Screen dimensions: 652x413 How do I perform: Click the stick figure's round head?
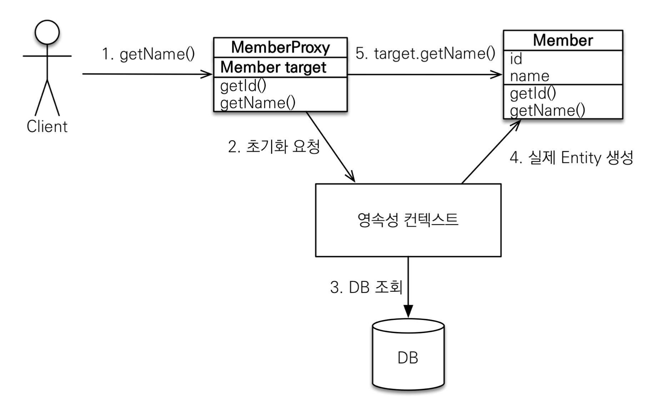coord(47,32)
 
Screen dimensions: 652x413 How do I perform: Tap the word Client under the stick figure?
coord(47,127)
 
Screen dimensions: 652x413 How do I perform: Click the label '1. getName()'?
coord(148,54)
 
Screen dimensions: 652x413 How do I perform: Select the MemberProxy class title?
coord(281,47)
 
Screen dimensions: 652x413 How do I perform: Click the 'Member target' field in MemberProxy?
coord(273,67)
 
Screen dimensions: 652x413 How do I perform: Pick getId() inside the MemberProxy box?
coord(243,86)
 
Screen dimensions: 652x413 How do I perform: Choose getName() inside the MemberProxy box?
coord(258,103)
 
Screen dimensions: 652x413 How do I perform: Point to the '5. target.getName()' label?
coord(425,53)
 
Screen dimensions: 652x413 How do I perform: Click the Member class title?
coord(563,40)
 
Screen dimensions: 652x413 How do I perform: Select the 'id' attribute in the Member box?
coord(516,59)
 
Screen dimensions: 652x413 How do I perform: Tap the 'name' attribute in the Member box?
coord(530,76)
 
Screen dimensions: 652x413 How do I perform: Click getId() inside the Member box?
coord(533,93)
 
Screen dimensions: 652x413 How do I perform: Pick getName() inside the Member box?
coord(547,111)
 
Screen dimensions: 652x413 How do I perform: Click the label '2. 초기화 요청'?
coord(274,147)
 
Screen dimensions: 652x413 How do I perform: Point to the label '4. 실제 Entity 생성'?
coord(571,158)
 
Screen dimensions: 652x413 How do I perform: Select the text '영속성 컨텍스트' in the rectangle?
coord(408,220)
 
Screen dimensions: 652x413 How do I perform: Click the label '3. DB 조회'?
coord(366,287)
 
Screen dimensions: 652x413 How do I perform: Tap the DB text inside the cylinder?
coord(408,358)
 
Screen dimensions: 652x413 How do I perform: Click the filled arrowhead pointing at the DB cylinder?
coord(408,311)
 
